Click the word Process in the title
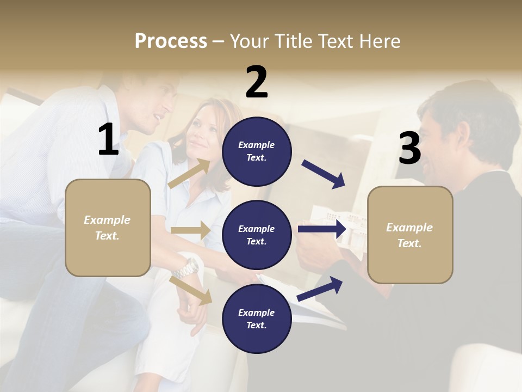(171, 41)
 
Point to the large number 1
(108, 140)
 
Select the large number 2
(257, 82)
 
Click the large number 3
(409, 149)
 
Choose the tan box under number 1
(108, 228)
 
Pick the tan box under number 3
(410, 235)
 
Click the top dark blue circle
(257, 151)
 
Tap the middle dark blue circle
(257, 235)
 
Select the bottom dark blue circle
(257, 318)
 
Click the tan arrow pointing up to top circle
(189, 174)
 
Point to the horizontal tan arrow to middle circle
(190, 230)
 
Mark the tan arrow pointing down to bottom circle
(191, 290)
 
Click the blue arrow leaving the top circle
(323, 174)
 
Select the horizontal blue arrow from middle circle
(322, 229)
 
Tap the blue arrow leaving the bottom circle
(320, 289)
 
